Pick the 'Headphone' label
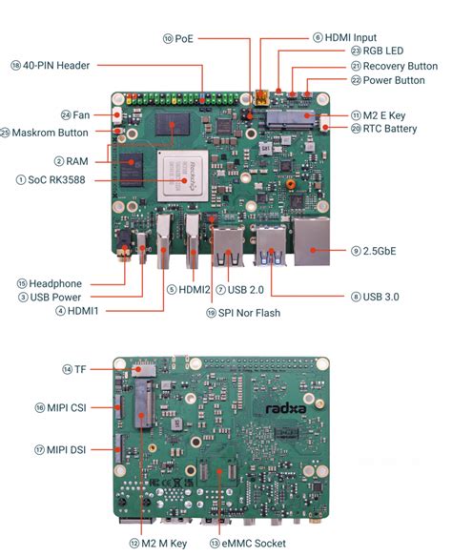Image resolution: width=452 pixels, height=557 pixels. [54, 283]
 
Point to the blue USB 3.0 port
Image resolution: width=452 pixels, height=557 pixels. [270, 250]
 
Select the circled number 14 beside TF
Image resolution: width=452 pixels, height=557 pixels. [68, 368]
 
